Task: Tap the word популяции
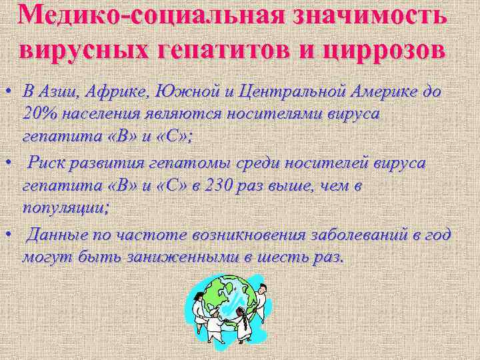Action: [65, 206]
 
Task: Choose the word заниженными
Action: [189, 257]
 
